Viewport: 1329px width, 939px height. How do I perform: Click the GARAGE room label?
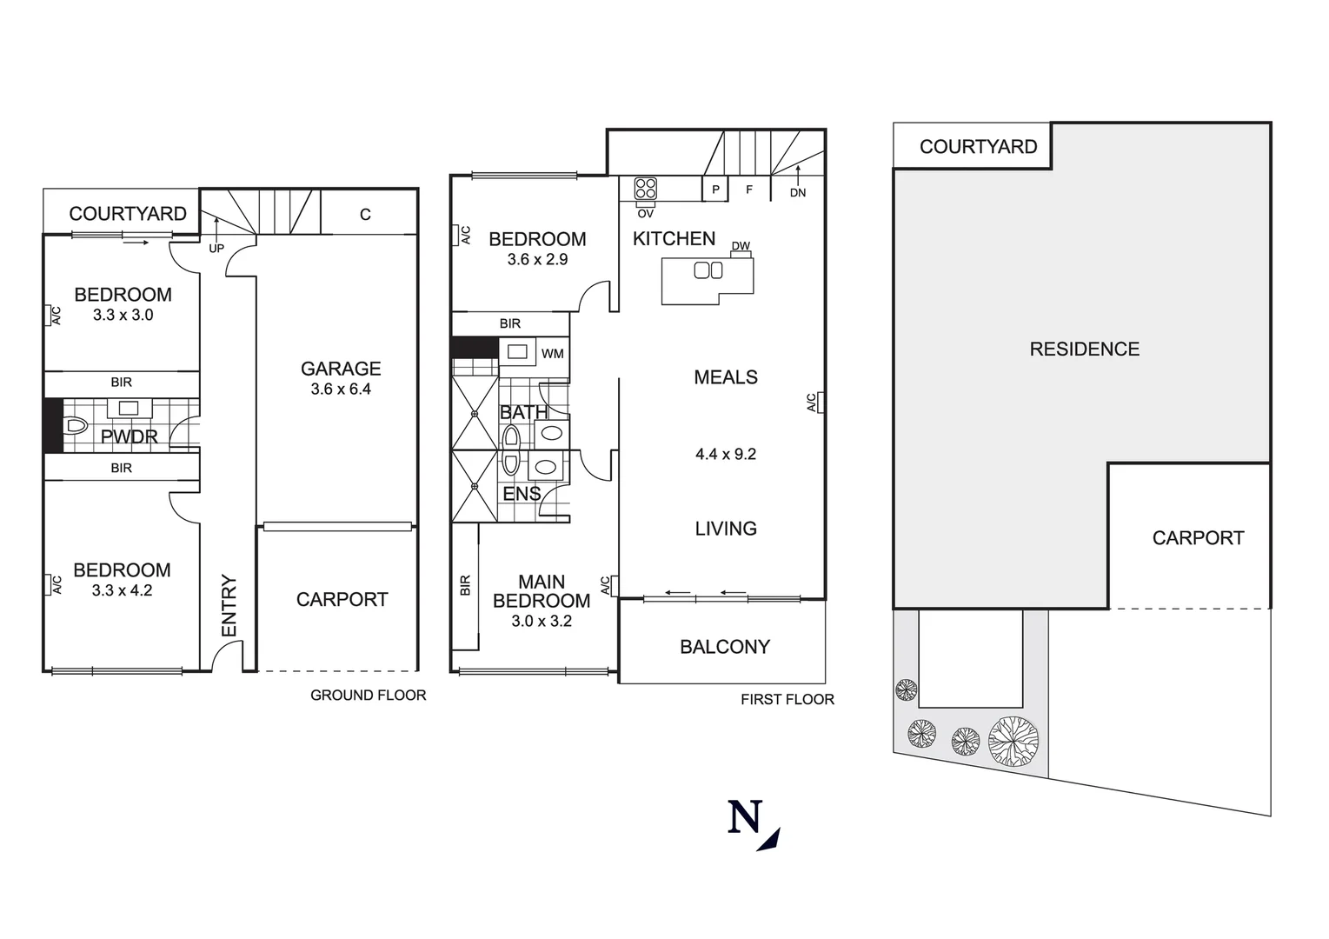coord(341,369)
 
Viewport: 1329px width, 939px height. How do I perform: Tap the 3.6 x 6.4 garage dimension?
coord(341,390)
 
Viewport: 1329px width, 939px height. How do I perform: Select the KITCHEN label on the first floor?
coord(674,239)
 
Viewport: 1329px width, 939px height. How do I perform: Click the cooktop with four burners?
coord(646,189)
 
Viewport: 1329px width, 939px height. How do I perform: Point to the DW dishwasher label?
coord(741,246)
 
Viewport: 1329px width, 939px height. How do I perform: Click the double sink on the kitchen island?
coord(708,270)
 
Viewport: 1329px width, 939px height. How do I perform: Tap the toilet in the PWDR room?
coord(76,426)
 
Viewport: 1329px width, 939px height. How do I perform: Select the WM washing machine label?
coord(552,353)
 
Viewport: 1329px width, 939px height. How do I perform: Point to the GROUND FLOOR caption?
coord(369,696)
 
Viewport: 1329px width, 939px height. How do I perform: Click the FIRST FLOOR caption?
coord(787,699)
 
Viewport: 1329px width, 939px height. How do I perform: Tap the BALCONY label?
coord(725,647)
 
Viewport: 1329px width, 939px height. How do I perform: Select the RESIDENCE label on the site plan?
coord(1084,350)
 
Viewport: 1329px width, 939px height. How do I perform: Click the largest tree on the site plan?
coord(1013,741)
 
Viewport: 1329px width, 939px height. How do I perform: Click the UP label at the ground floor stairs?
coord(216,249)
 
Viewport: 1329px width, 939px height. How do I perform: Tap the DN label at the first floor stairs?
coord(798,193)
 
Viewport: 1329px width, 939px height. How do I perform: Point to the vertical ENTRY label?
coord(229,605)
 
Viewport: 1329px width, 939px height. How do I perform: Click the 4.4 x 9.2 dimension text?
coord(726,454)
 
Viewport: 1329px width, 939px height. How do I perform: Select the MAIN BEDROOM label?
coord(542,591)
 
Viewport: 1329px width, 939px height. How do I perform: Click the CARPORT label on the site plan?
coord(1198,538)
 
